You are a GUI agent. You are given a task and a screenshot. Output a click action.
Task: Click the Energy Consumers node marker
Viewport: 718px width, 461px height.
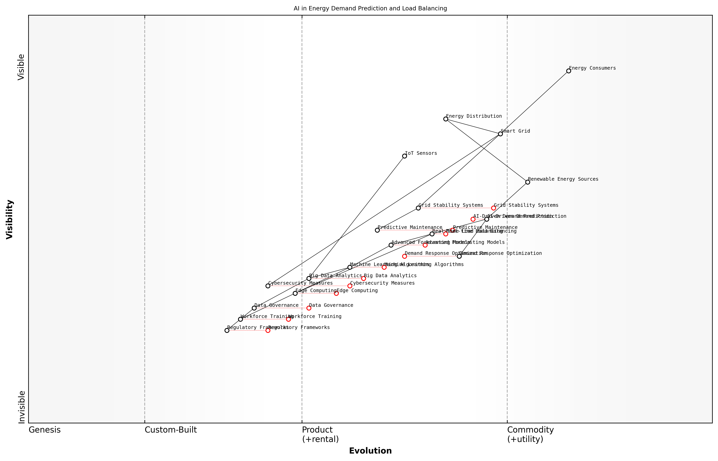[568, 71]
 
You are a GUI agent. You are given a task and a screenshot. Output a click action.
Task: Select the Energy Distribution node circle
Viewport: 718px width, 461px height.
[445, 119]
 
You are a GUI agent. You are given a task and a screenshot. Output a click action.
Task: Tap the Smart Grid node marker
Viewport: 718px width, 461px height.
[500, 134]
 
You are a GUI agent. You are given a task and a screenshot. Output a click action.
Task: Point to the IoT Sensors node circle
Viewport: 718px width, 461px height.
[404, 156]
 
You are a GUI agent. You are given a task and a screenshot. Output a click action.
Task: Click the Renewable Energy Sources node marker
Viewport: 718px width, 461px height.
[527, 182]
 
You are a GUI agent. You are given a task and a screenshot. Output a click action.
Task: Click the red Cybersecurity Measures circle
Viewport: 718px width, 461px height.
[350, 286]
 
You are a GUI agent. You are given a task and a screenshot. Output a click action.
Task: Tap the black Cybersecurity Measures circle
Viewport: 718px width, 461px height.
[268, 286]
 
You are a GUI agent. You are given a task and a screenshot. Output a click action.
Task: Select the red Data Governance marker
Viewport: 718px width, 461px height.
[309, 308]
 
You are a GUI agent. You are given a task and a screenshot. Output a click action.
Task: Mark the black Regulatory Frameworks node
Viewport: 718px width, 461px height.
[227, 331]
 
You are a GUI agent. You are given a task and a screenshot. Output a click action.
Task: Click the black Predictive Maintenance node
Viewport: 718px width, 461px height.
[377, 230]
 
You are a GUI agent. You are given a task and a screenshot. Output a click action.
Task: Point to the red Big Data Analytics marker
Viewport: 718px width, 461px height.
[364, 278]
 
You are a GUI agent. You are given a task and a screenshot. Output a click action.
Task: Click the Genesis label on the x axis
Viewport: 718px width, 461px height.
[45, 430]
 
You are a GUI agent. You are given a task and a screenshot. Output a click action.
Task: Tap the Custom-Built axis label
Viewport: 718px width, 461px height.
[171, 430]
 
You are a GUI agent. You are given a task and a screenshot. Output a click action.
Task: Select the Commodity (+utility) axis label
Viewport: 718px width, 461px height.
[530, 434]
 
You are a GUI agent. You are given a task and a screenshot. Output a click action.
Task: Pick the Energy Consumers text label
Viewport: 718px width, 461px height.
[592, 68]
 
